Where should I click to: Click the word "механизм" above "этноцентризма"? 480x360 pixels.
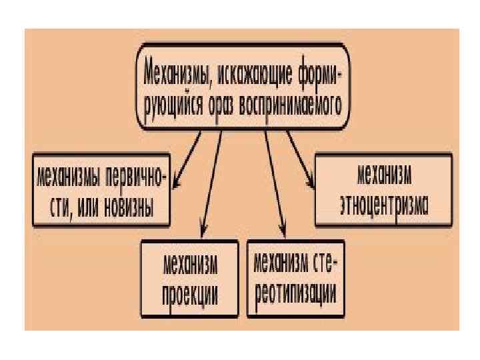click(383, 175)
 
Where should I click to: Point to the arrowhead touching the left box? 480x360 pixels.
click(176, 182)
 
